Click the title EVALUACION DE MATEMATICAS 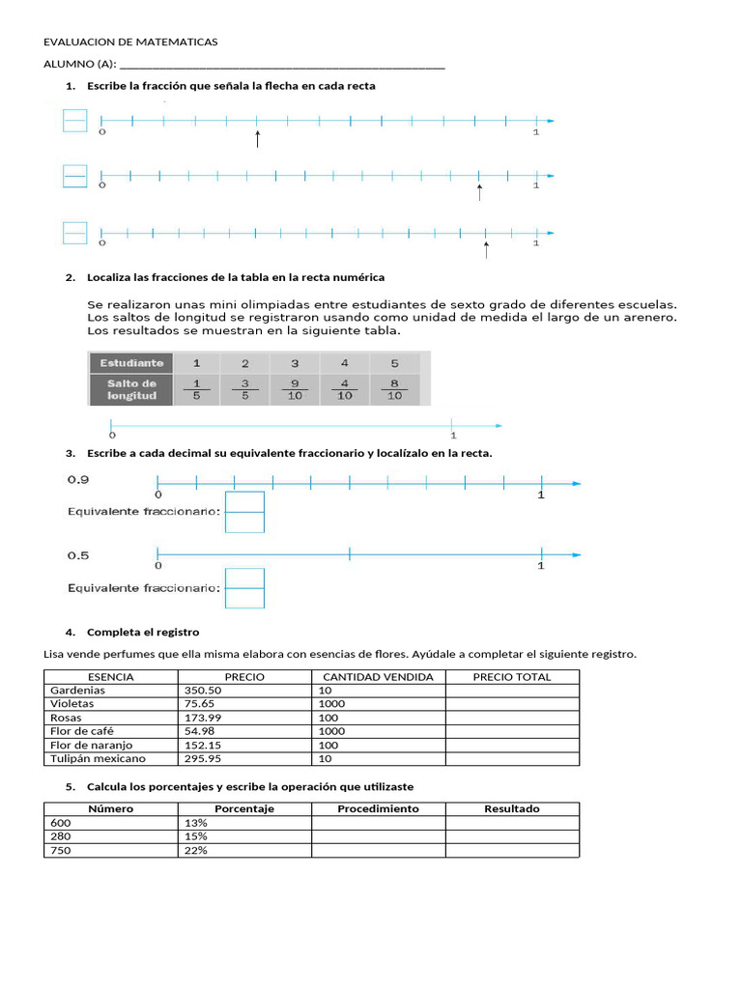[x=131, y=42]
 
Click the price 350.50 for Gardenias [x=202, y=691]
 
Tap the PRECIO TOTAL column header [x=511, y=677]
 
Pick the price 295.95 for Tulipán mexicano [x=202, y=759]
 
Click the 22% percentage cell [x=195, y=850]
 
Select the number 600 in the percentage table [x=60, y=823]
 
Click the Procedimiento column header [x=378, y=808]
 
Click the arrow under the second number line [x=479, y=192]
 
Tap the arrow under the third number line [x=485, y=249]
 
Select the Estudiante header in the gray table [x=129, y=363]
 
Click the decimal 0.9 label [x=78, y=479]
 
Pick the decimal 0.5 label [x=78, y=555]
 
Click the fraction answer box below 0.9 [x=244, y=512]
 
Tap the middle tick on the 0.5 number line [x=350, y=553]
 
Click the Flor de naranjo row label [x=91, y=746]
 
